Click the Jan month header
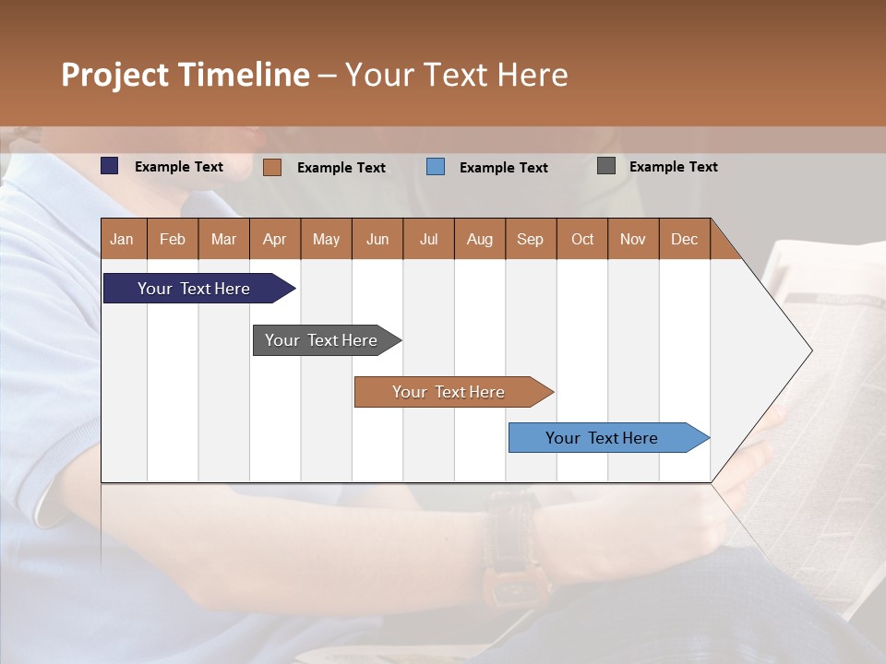(x=123, y=239)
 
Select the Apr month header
(x=275, y=239)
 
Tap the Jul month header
(x=428, y=239)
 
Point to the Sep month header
(x=530, y=239)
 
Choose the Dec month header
(x=684, y=239)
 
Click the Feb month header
(x=173, y=239)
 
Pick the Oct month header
(x=581, y=239)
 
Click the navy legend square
(x=110, y=166)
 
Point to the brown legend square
(x=272, y=167)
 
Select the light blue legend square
(x=436, y=167)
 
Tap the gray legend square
(x=606, y=166)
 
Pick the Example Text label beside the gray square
(x=673, y=167)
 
